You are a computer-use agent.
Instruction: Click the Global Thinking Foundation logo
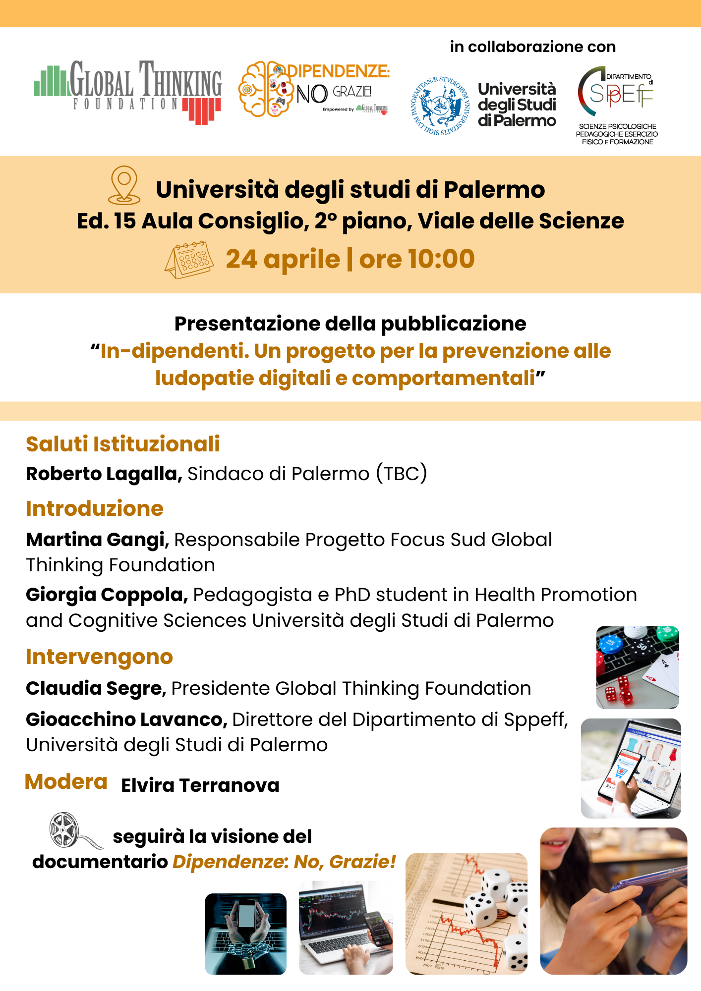tap(128, 92)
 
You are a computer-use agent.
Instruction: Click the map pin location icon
tap(124, 185)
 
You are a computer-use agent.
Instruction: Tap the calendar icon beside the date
tap(189, 260)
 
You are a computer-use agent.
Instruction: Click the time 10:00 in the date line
tap(441, 259)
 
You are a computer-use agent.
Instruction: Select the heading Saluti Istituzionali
tap(122, 444)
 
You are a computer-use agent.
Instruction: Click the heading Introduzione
tap(95, 508)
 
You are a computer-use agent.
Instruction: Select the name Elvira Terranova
tap(200, 785)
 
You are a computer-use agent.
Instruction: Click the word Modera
tap(66, 782)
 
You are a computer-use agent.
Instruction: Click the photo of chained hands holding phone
tap(246, 934)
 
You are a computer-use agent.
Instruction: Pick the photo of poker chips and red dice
tap(638, 667)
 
